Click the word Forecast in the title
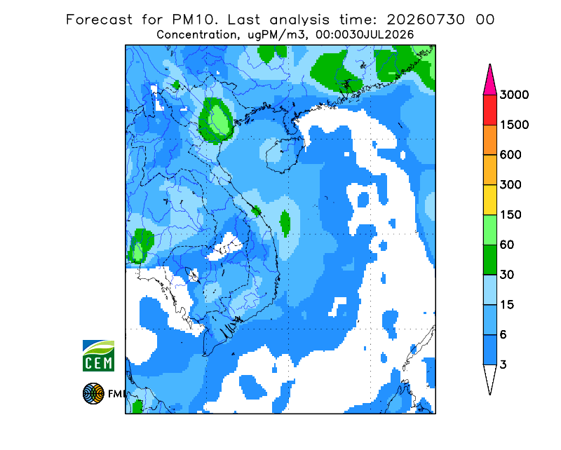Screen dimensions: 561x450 pyautogui.click(x=99, y=20)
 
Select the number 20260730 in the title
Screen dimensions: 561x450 pyautogui.click(x=426, y=20)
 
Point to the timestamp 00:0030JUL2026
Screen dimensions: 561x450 pyautogui.click(x=365, y=35)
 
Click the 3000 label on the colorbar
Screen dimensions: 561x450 pyautogui.click(x=514, y=95)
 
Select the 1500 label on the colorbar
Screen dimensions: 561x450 pyautogui.click(x=514, y=125)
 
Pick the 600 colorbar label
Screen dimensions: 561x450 pyautogui.click(x=511, y=155)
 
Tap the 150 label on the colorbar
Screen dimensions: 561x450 pyautogui.click(x=511, y=214)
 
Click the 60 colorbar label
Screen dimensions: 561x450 pyautogui.click(x=507, y=245)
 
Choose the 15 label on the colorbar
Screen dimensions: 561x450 pyautogui.click(x=507, y=305)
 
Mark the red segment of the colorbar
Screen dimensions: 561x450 pyautogui.click(x=489, y=110)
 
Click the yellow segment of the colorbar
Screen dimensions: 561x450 pyautogui.click(x=489, y=200)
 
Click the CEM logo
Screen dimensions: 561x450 pyautogui.click(x=98, y=355)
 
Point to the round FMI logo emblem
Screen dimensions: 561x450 pyautogui.click(x=93, y=393)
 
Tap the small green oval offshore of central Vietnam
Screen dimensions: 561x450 pyautogui.click(x=285, y=224)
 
